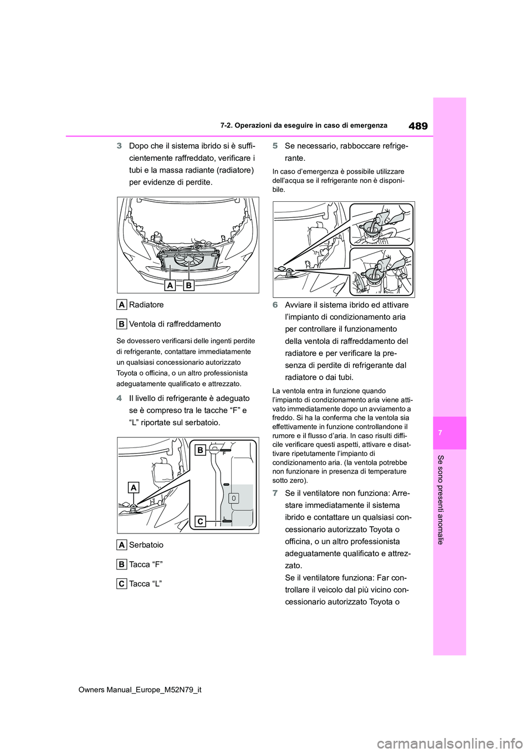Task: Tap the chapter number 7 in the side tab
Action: coord(450,433)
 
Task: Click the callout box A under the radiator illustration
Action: coord(171,285)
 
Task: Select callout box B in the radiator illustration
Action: coord(188,285)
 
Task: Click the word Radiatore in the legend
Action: coord(146,304)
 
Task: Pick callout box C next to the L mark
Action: coord(201,521)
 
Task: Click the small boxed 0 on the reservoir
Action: coord(234,498)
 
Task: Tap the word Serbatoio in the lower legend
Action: coord(146,545)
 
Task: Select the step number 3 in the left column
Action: coord(119,146)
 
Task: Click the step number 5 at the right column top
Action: coord(275,146)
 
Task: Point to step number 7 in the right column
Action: coord(275,493)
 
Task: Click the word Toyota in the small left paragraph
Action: coord(127,373)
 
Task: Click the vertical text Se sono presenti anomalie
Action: coord(441,499)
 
